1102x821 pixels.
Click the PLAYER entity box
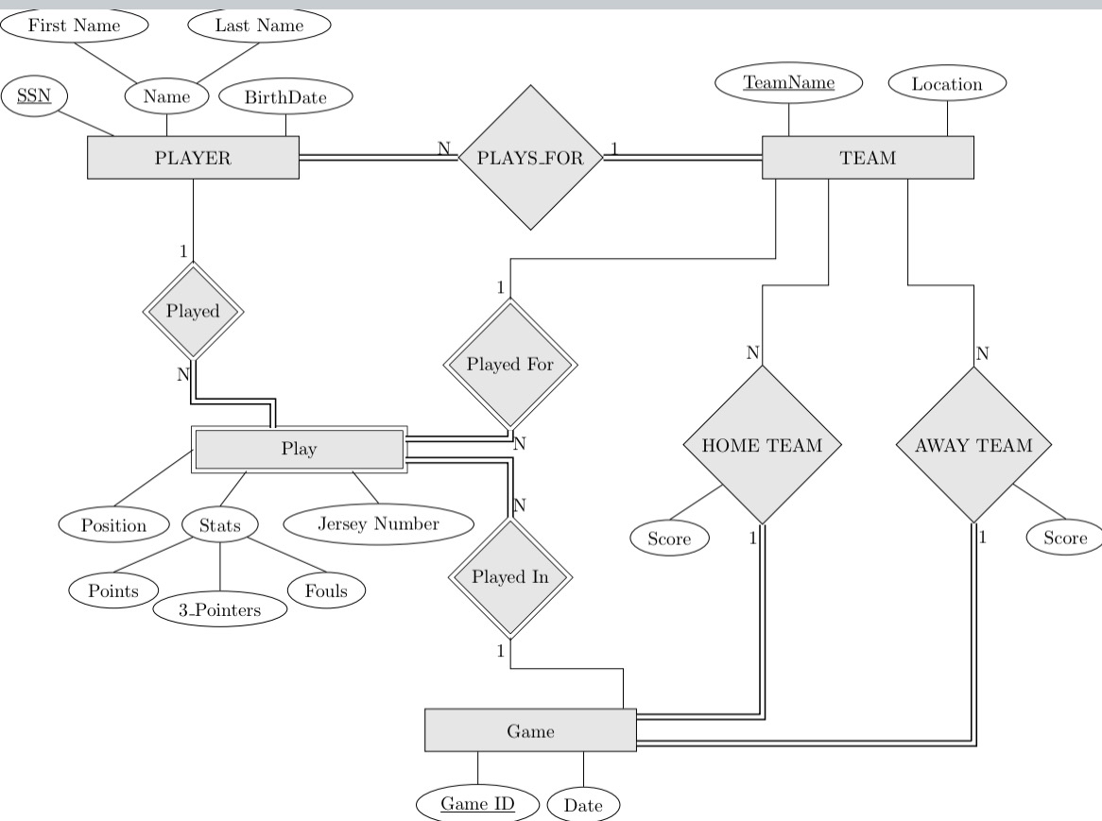pyautogui.click(x=193, y=158)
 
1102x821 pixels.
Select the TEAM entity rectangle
pyautogui.click(x=867, y=158)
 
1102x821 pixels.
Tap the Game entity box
pyautogui.click(x=530, y=729)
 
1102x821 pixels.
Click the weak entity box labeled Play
pyautogui.click(x=299, y=449)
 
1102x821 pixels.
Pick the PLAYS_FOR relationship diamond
pyautogui.click(x=530, y=158)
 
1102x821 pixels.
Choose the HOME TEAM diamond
pyautogui.click(x=762, y=445)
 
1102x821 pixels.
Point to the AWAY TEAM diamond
pyautogui.click(x=973, y=445)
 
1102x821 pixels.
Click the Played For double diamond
pyautogui.click(x=510, y=364)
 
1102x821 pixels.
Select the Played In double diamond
pyautogui.click(x=509, y=576)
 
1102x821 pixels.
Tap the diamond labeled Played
pyautogui.click(x=193, y=311)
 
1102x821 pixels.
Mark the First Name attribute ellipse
pyautogui.click(x=75, y=26)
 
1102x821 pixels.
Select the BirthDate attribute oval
pyautogui.click(x=285, y=96)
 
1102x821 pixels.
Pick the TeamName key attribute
pyautogui.click(x=789, y=83)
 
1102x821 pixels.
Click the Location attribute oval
pyautogui.click(x=947, y=84)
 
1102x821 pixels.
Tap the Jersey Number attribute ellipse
pyautogui.click(x=378, y=523)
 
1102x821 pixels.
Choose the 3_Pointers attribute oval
pyautogui.click(x=220, y=609)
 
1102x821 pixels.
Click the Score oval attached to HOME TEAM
pyautogui.click(x=669, y=539)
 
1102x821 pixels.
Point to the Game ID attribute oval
pyautogui.click(x=477, y=805)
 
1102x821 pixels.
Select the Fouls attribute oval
pyautogui.click(x=326, y=591)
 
